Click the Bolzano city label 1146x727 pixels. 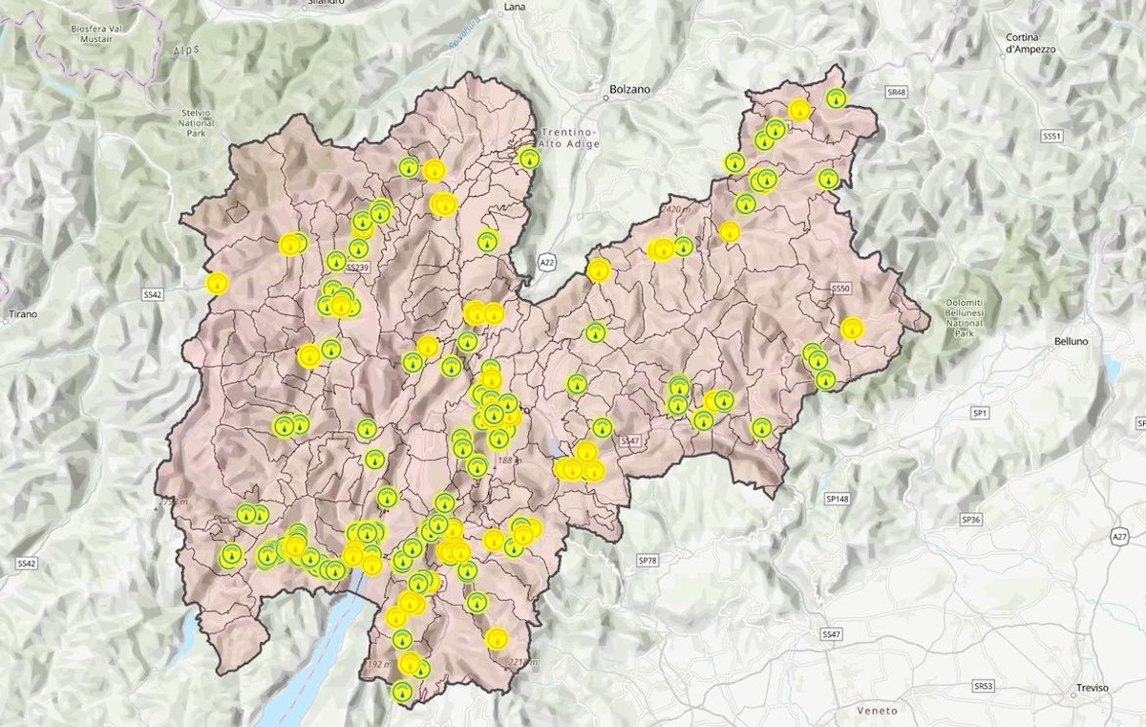(628, 89)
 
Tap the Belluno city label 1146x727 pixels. (1071, 341)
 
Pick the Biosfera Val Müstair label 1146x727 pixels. (99, 35)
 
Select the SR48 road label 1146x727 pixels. (895, 92)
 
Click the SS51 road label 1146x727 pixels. (1051, 137)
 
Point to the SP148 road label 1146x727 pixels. (836, 499)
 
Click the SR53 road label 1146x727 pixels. (984, 686)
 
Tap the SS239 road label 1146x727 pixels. (357, 268)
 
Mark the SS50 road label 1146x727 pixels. (840, 288)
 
